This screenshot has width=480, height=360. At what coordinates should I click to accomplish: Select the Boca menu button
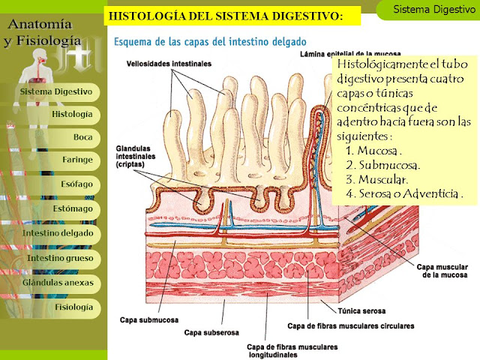coord(82,138)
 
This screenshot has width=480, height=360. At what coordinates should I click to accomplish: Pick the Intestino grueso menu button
coord(59,258)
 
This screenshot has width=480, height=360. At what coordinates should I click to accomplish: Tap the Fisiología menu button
coord(73,307)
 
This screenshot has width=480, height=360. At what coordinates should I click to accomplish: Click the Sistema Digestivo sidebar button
coord(55,91)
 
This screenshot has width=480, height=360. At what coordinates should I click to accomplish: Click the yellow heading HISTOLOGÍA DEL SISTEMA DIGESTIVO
coord(226,15)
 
